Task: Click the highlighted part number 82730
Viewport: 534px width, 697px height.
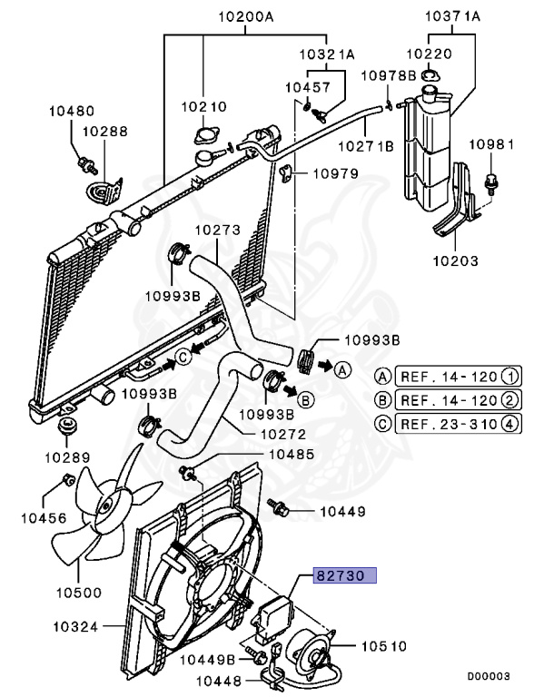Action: click(x=345, y=575)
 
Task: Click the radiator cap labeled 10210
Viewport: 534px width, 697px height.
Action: click(x=205, y=138)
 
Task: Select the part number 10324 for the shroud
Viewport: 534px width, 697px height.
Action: click(x=76, y=626)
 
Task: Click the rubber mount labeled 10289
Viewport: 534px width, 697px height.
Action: click(x=66, y=427)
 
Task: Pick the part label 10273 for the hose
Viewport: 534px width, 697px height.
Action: click(x=216, y=231)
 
